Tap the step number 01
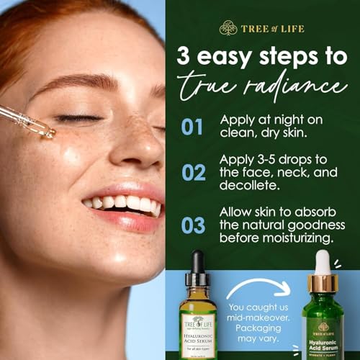click(192, 127)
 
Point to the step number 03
click(192, 225)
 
